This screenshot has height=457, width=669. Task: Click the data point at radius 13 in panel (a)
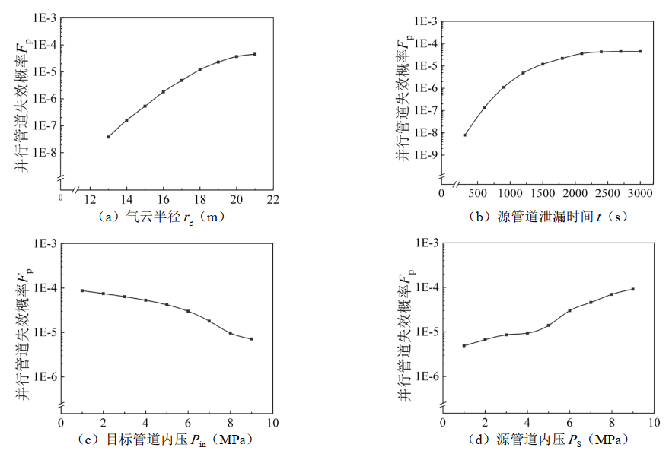(108, 137)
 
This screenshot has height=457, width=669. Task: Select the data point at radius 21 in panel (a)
(255, 54)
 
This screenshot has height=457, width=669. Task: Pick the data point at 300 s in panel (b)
(464, 135)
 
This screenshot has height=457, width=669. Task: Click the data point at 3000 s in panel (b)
(640, 51)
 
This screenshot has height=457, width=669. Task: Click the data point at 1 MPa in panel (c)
(82, 290)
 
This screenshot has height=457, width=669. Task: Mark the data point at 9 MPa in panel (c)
(251, 339)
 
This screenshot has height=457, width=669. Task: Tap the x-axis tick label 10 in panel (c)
(272, 422)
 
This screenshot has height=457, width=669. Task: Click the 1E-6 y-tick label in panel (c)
(43, 377)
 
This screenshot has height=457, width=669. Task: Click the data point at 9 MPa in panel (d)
(633, 289)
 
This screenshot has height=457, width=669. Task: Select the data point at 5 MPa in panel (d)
(548, 325)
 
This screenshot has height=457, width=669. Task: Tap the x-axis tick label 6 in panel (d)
(569, 422)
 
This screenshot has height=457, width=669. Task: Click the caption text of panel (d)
(546, 440)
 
